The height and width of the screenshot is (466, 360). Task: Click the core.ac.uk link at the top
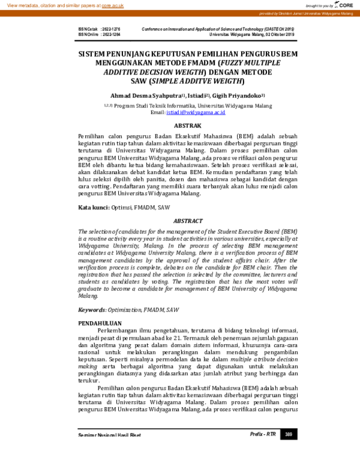tap(113, 5)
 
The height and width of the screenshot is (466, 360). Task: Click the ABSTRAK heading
tap(187, 126)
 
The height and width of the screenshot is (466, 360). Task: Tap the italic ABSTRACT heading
tap(187, 221)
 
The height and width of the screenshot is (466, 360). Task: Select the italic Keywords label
tap(92, 309)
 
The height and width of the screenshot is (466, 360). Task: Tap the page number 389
tap(289, 434)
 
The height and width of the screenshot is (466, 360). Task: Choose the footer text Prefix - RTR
tap(262, 434)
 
